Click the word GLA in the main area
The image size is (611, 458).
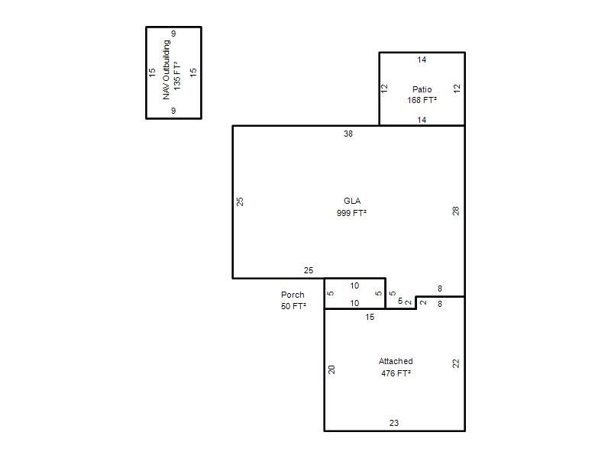point(352,201)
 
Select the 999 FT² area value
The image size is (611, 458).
point(351,213)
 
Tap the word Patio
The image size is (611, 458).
point(422,89)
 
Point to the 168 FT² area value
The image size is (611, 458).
point(422,100)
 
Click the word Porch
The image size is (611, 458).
point(293,295)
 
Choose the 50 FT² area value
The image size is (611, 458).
point(293,306)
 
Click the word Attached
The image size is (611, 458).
point(396,361)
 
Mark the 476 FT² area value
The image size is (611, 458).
point(396,373)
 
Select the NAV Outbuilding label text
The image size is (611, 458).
point(166,69)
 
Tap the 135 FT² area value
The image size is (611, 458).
point(177,76)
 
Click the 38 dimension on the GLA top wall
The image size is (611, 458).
point(348,134)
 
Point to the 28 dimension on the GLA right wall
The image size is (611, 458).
point(456,211)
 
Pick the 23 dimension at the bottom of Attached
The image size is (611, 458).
point(394,423)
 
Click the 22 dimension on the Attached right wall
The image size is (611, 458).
point(456,364)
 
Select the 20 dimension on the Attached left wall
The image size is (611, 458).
point(331,369)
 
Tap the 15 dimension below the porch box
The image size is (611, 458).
point(370,317)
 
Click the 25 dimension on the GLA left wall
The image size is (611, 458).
point(240,202)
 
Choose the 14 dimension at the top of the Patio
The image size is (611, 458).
point(422,60)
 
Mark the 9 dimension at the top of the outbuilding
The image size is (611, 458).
point(173,34)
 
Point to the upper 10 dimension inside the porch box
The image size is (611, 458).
point(354,285)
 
